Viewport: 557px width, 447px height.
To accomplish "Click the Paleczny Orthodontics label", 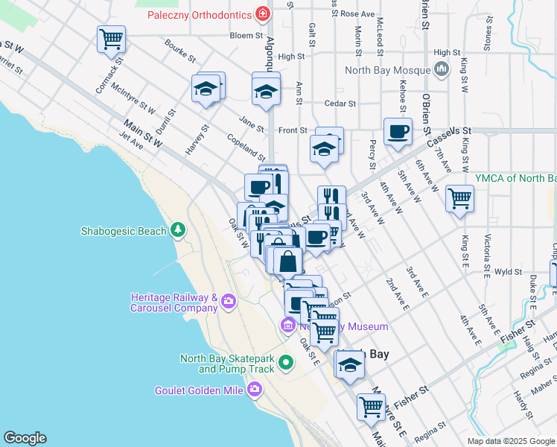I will tap(198, 14).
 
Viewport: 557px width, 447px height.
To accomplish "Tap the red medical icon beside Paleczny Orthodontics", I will tap(261, 13).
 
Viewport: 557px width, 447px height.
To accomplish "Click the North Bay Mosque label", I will tap(388, 71).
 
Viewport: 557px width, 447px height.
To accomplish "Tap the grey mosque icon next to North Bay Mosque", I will tap(442, 71).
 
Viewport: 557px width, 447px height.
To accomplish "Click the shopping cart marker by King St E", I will tap(459, 198).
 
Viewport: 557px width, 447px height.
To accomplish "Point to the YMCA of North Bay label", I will tap(515, 178).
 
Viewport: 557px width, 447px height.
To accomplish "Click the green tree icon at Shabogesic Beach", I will tap(177, 230).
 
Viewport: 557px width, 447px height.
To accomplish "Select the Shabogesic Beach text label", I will tap(124, 231).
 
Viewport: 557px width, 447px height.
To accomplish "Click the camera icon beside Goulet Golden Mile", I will tap(255, 389).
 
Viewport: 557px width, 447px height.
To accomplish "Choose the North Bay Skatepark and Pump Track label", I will tap(227, 364).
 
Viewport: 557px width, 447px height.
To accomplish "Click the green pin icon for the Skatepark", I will tap(287, 364).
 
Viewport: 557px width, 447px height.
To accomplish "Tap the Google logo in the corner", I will tap(25, 438).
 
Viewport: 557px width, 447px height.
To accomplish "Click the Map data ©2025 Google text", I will tap(511, 441).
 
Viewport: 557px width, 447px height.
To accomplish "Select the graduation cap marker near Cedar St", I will tap(265, 92).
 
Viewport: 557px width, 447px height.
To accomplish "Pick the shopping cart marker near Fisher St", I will tap(370, 407).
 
